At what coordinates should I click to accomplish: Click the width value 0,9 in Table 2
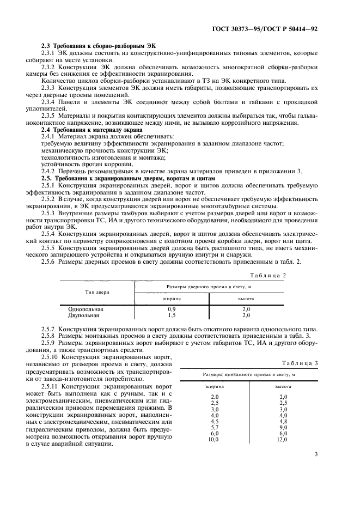pos(172,309)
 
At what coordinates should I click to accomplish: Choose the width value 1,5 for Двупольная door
pos(172,315)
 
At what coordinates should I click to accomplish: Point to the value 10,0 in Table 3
pos(213,439)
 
